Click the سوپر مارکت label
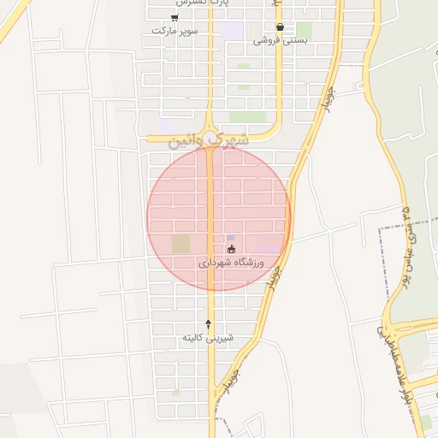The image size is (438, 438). click(175, 30)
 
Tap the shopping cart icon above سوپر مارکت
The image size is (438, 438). click(175, 17)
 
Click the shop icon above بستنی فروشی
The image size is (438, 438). click(281, 27)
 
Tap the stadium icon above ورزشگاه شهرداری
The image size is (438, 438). click(231, 249)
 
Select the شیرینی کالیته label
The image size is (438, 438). click(207, 339)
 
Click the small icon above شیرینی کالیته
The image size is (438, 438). click(207, 323)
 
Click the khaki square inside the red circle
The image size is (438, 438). click(181, 244)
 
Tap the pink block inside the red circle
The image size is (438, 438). click(269, 246)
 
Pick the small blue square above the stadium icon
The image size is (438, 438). click(230, 237)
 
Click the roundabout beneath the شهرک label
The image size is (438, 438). click(210, 146)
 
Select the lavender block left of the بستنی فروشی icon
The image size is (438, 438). click(232, 31)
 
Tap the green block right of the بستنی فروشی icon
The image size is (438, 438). click(304, 31)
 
